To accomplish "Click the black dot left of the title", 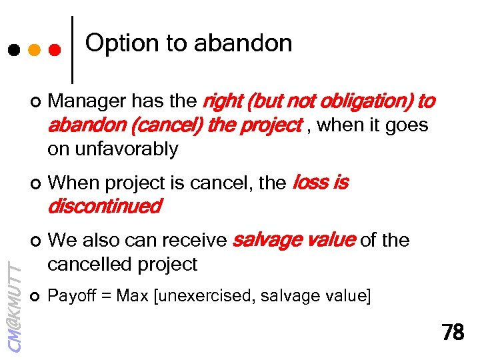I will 14,50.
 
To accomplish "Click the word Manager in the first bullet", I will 87,101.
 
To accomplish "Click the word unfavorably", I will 113,149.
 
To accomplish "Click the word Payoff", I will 70,295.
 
